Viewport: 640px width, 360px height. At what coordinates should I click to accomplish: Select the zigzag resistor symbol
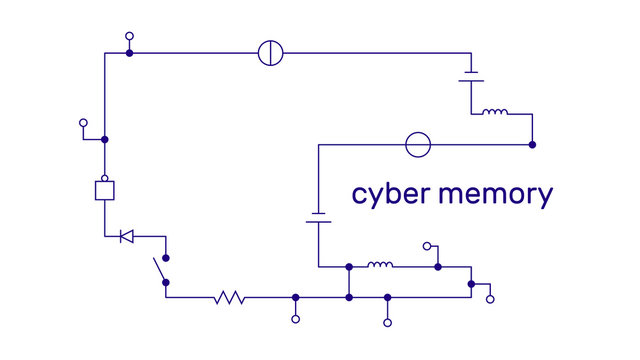click(x=229, y=297)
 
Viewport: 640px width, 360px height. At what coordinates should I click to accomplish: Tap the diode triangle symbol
click(x=126, y=236)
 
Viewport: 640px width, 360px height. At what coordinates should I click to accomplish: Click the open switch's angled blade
click(x=159, y=269)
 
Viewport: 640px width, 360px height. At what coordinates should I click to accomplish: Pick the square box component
click(x=105, y=191)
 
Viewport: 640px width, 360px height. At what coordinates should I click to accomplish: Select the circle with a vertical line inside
click(x=271, y=53)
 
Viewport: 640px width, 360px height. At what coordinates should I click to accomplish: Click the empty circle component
click(x=418, y=145)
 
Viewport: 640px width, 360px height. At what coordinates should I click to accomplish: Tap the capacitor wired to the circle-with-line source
click(x=471, y=78)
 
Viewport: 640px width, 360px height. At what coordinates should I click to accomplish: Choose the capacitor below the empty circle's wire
click(x=318, y=217)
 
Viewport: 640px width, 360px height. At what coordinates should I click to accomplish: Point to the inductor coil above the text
click(x=494, y=113)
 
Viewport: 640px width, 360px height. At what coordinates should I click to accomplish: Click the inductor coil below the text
click(x=380, y=266)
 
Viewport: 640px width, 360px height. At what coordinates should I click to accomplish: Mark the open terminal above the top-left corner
click(x=129, y=36)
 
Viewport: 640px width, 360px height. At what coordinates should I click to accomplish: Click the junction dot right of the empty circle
click(x=532, y=145)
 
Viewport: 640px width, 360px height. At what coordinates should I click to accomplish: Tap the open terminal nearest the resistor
click(x=295, y=319)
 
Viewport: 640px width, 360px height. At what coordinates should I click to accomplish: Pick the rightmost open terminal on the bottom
click(x=490, y=298)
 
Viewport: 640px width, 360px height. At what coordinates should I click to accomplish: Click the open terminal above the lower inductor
click(x=427, y=246)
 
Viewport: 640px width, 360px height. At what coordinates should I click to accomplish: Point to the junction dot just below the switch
click(x=166, y=282)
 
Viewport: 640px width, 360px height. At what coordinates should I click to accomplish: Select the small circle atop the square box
click(x=105, y=178)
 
